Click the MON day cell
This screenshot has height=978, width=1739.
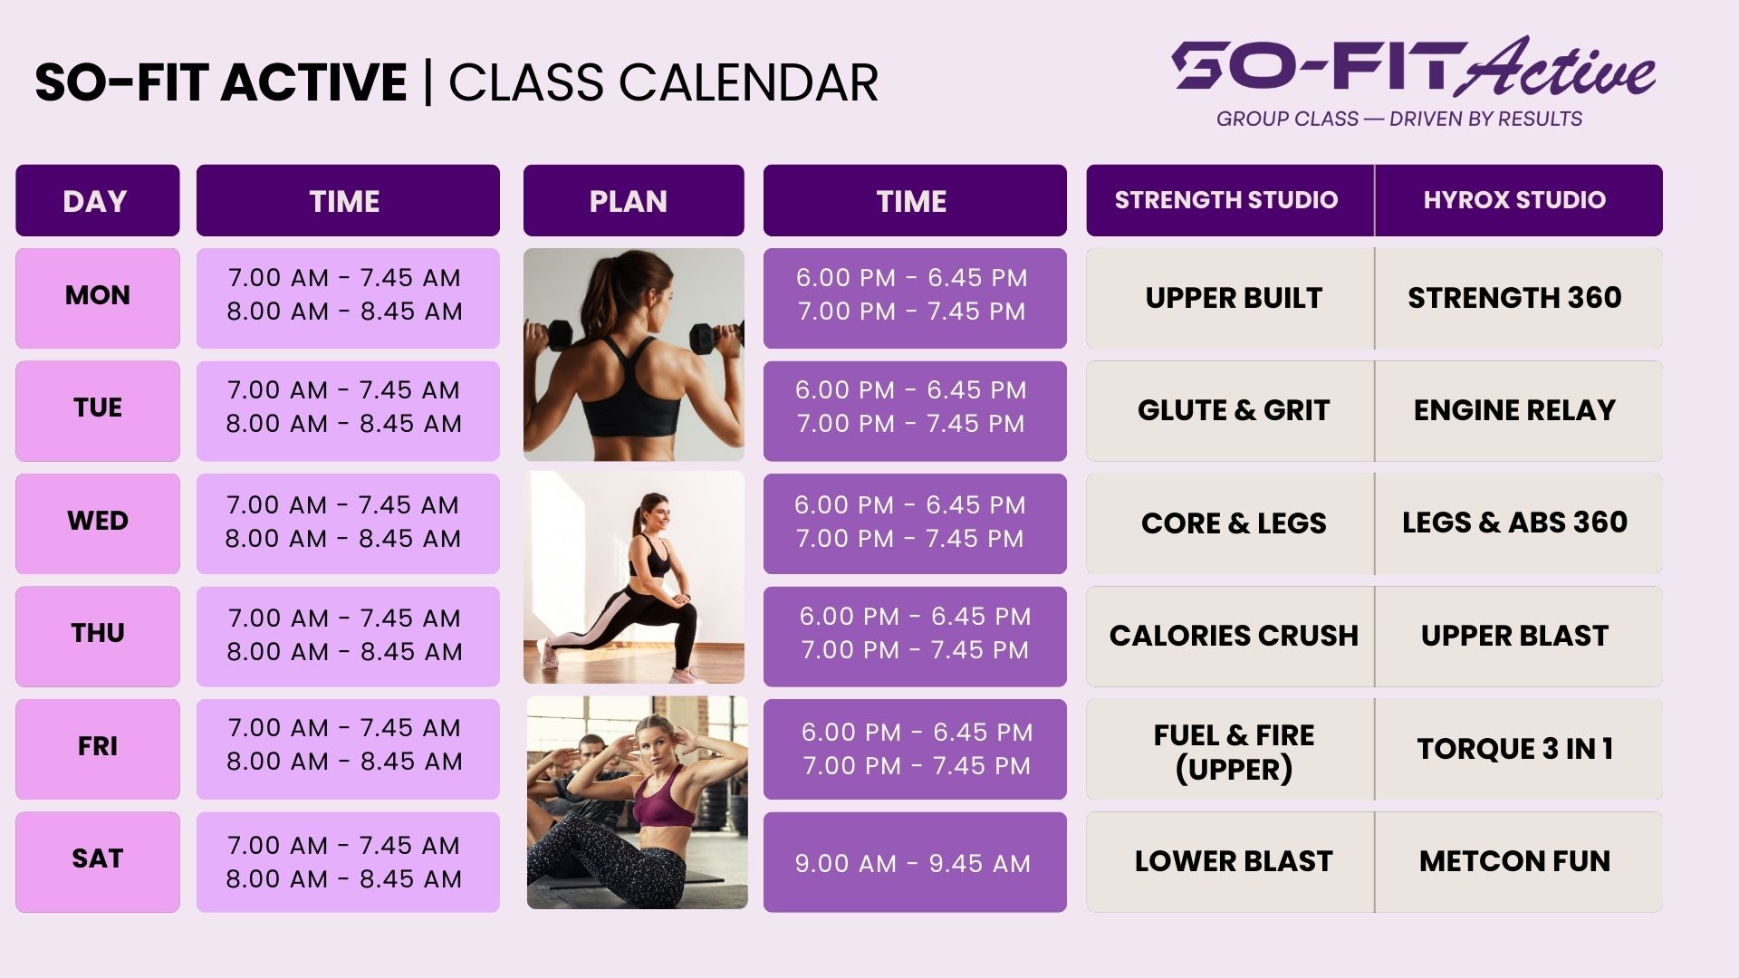pyautogui.click(x=98, y=298)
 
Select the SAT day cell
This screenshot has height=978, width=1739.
pyautogui.click(x=98, y=861)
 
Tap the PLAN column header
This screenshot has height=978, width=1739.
pyautogui.click(x=633, y=200)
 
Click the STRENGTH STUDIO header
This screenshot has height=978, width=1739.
pyautogui.click(x=1230, y=200)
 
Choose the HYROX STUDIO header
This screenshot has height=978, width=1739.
pyautogui.click(x=1518, y=200)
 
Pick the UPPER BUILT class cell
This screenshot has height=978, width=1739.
pyautogui.click(x=1230, y=298)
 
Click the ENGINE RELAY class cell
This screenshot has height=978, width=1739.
pyautogui.click(x=1518, y=410)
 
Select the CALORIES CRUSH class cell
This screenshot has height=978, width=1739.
pyautogui.click(x=1230, y=636)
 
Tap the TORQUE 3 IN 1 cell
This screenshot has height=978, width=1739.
pyautogui.click(x=1518, y=749)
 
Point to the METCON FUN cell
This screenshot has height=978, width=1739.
pyautogui.click(x=1518, y=861)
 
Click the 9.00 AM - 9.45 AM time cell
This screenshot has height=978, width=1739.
pyautogui.click(x=915, y=861)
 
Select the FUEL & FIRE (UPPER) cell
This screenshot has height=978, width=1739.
pyautogui.click(x=1230, y=749)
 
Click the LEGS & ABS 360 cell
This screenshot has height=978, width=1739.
pyautogui.click(x=1518, y=523)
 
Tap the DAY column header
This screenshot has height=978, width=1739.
pyautogui.click(x=98, y=200)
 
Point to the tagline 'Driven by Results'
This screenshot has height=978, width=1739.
pyautogui.click(x=1485, y=119)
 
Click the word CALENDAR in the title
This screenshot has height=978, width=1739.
pyautogui.click(x=748, y=82)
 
